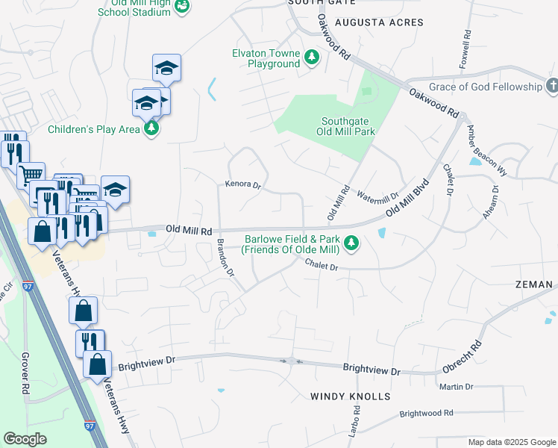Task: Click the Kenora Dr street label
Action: pyautogui.click(x=242, y=184)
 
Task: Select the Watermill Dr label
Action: pyautogui.click(x=378, y=198)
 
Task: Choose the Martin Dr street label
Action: pyautogui.click(x=457, y=387)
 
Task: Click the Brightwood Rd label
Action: pyautogui.click(x=426, y=413)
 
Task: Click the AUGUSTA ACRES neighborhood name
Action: pyautogui.click(x=379, y=22)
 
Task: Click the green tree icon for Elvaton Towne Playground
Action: pyautogui.click(x=312, y=57)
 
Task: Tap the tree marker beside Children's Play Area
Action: pyautogui.click(x=152, y=128)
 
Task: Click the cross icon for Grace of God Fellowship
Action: pyautogui.click(x=551, y=86)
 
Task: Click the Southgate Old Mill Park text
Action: pyautogui.click(x=348, y=126)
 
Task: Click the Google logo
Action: pyautogui.click(x=25, y=439)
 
